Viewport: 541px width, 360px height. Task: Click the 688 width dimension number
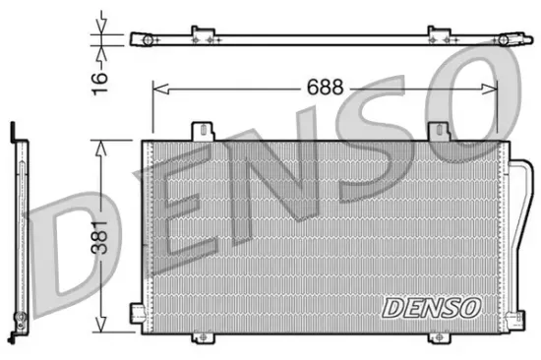pos(324,87)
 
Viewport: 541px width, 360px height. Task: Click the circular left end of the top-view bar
pos(140,39)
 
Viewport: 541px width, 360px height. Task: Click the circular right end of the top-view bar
pos(506,39)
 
